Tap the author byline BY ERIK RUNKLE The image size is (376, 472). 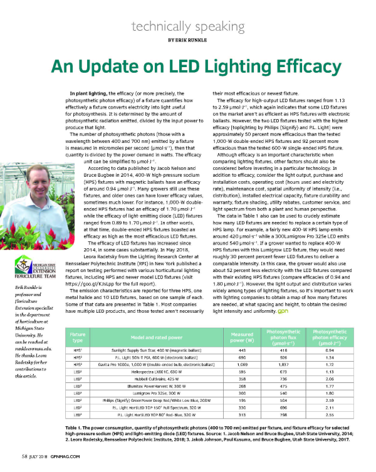[x=188, y=39]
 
